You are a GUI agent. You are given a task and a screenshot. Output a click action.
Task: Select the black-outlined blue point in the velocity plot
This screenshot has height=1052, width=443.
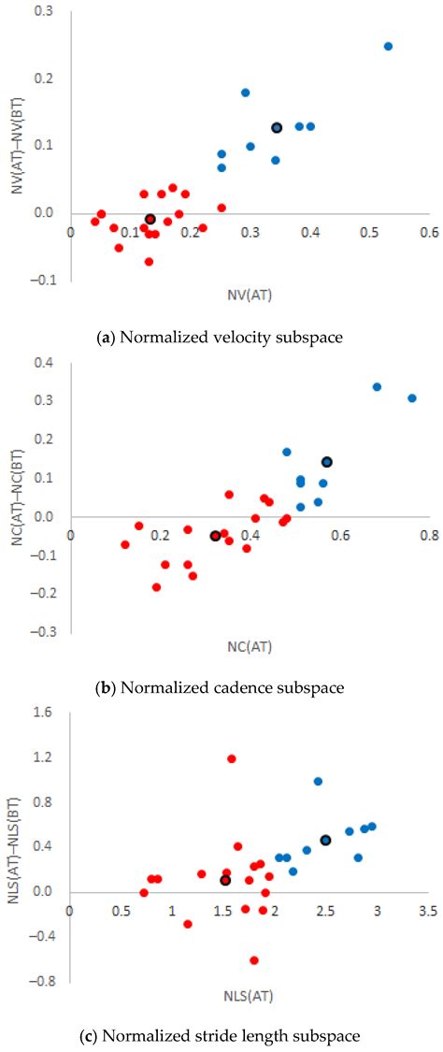277,127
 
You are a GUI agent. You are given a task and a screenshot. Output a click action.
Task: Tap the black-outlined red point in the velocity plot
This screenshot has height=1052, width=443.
150,219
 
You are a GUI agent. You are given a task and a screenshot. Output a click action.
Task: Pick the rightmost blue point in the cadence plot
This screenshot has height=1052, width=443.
412,397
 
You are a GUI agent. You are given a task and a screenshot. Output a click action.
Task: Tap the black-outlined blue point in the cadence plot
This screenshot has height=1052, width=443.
327,462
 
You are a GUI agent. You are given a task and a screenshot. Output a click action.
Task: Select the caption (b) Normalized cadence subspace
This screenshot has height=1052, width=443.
221,688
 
